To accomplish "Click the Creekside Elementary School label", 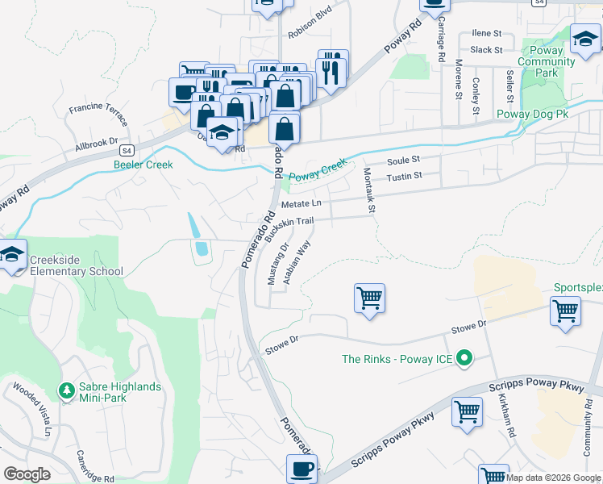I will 76,265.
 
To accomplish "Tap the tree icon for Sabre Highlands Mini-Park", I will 65,391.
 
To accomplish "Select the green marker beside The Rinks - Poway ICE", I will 464,359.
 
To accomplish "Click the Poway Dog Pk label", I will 534,115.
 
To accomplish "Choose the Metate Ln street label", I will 301,204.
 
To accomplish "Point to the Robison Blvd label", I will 310,35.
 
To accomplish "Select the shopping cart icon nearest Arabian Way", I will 369,298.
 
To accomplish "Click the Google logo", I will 27,474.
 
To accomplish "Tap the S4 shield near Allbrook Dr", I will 127,150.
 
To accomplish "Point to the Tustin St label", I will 405,176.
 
